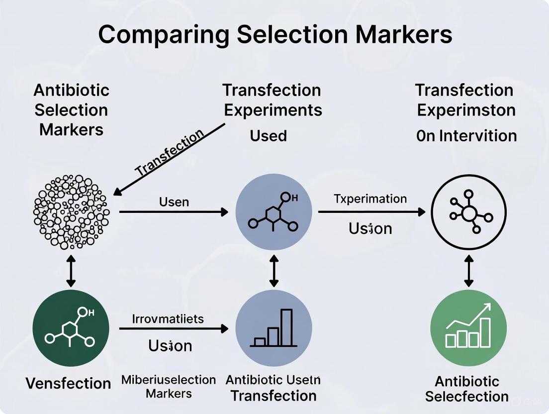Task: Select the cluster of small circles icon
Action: tap(70, 211)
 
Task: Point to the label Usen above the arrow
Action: tap(174, 202)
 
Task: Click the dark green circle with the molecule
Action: tap(71, 328)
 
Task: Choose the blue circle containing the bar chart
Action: tap(274, 328)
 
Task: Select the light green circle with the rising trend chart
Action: tap(468, 328)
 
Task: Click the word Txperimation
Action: tap(370, 199)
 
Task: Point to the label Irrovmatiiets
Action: tap(168, 318)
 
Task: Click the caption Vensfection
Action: tap(68, 383)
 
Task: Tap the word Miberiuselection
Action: tap(169, 380)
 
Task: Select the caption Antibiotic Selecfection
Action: tap(467, 389)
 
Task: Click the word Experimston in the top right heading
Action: tap(466, 110)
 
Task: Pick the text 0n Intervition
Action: tap(466, 135)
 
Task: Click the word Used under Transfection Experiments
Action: tap(268, 135)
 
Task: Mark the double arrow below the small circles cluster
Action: tap(71, 272)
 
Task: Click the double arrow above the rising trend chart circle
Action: tap(468, 271)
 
